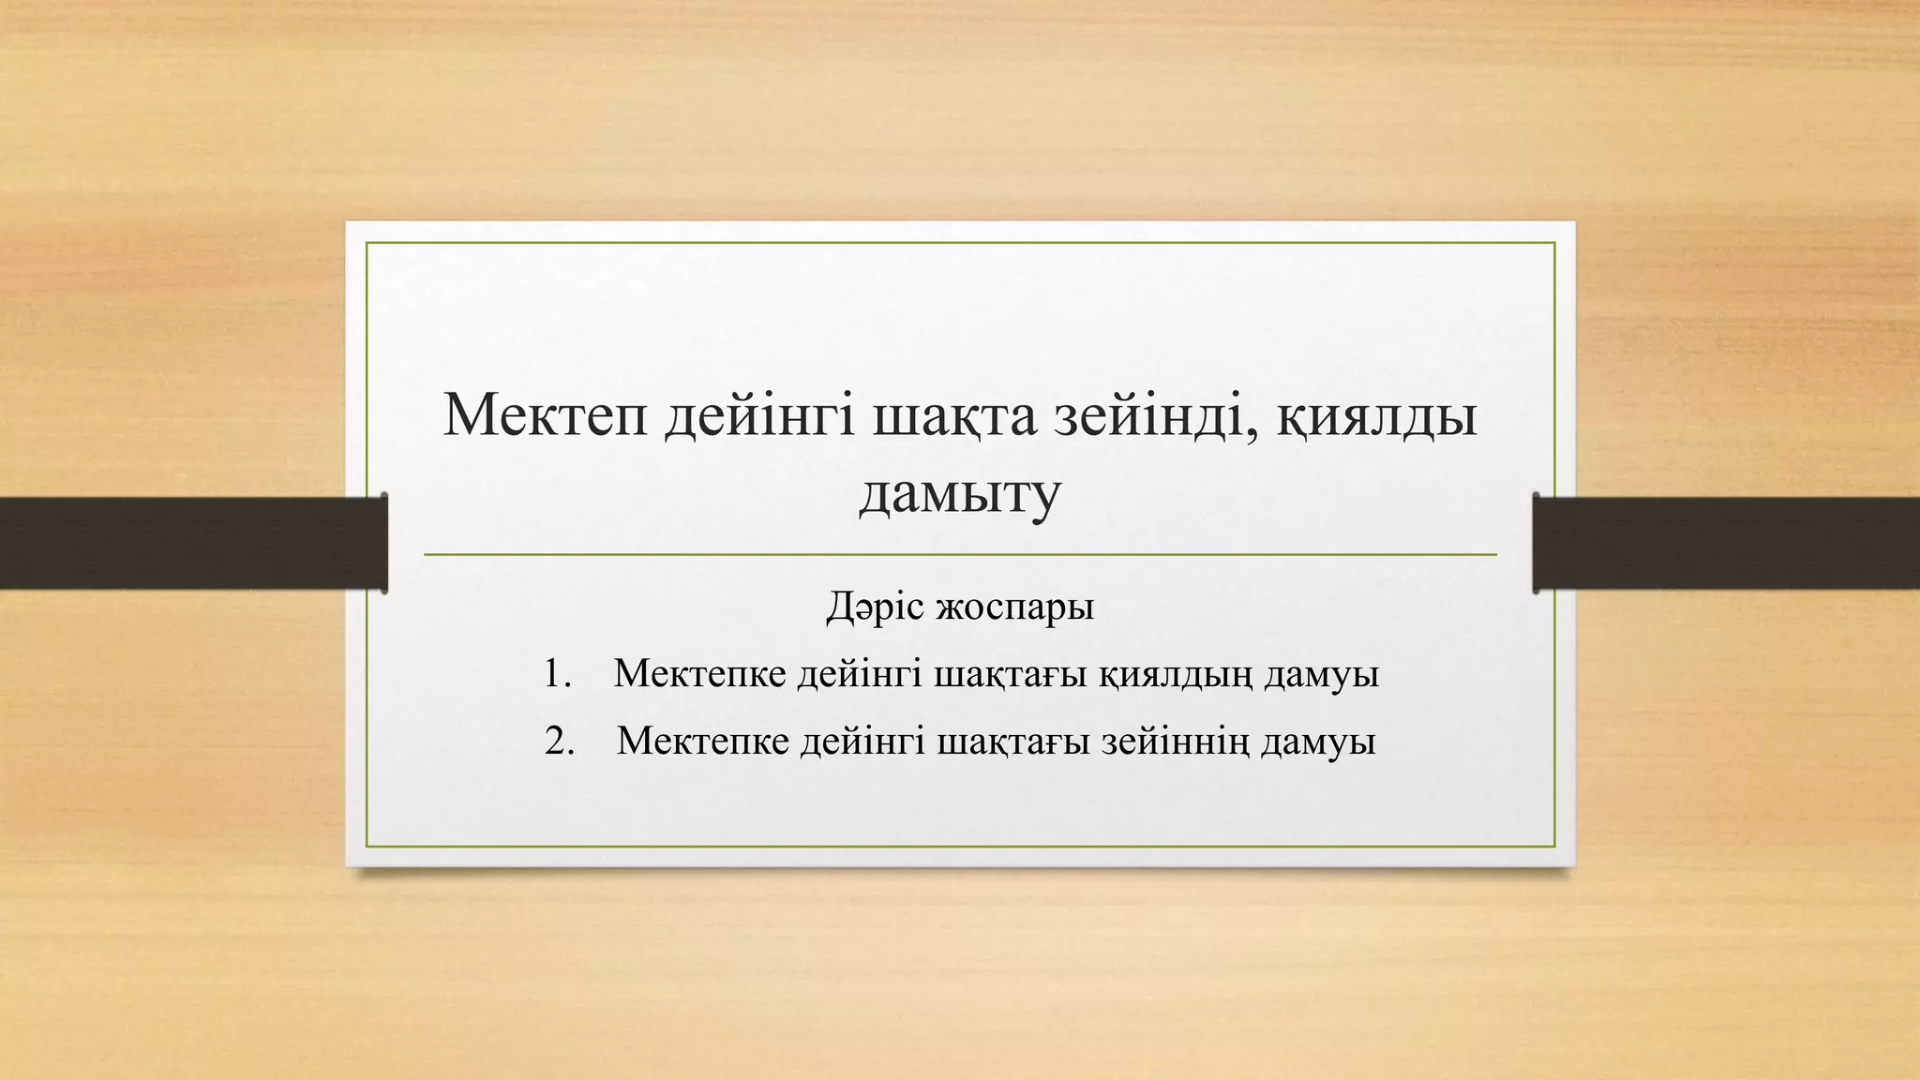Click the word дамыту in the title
tap(959, 495)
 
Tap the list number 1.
tap(557, 675)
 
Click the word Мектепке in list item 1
tap(699, 676)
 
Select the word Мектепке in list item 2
tap(702, 742)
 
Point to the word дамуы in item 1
tap(1321, 676)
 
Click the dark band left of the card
tap(187, 543)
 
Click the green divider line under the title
tap(959, 555)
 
